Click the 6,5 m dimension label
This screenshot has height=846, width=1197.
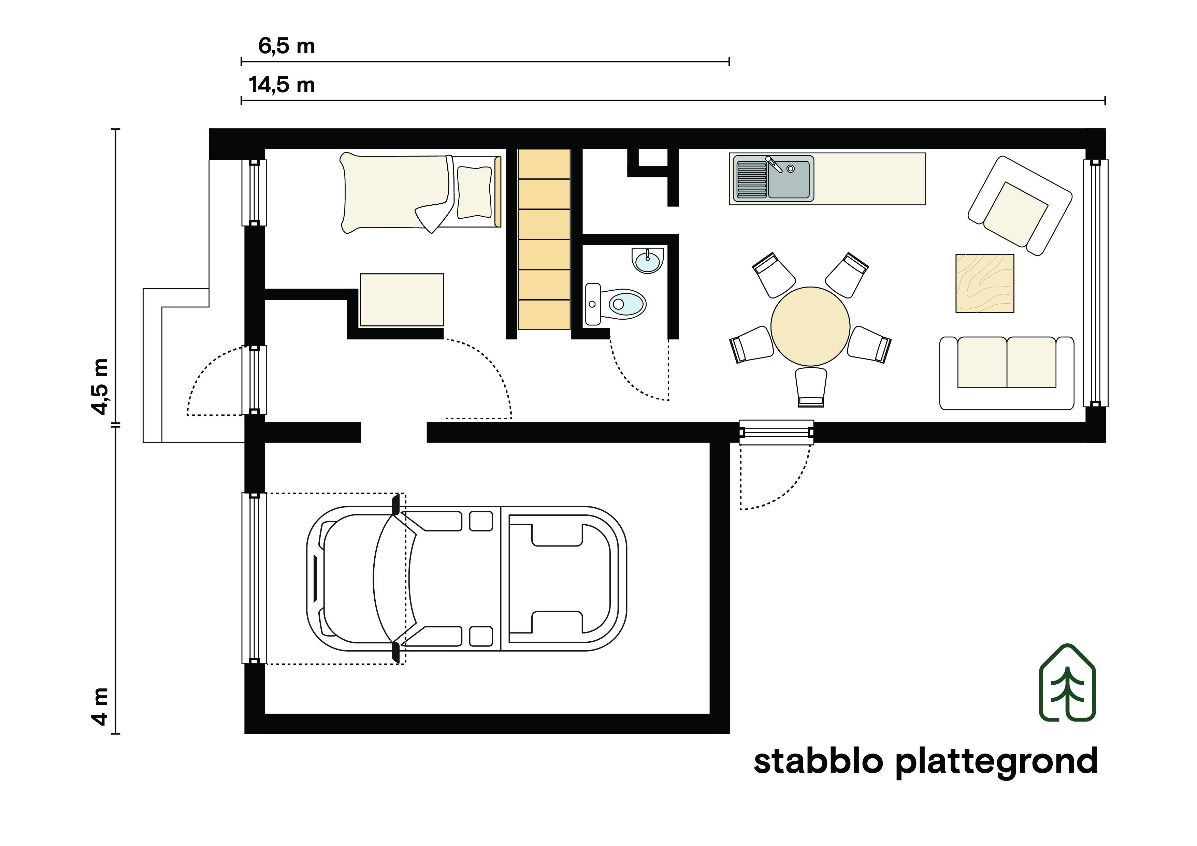[287, 46]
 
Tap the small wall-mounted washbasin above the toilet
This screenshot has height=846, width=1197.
[648, 260]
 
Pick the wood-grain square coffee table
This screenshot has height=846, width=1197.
[984, 283]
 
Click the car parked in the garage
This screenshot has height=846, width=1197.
[466, 578]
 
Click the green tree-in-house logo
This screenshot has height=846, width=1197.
[1067, 683]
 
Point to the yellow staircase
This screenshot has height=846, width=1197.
[544, 239]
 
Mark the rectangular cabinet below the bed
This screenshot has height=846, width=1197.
[401, 300]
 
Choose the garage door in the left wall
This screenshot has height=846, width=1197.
[254, 578]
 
